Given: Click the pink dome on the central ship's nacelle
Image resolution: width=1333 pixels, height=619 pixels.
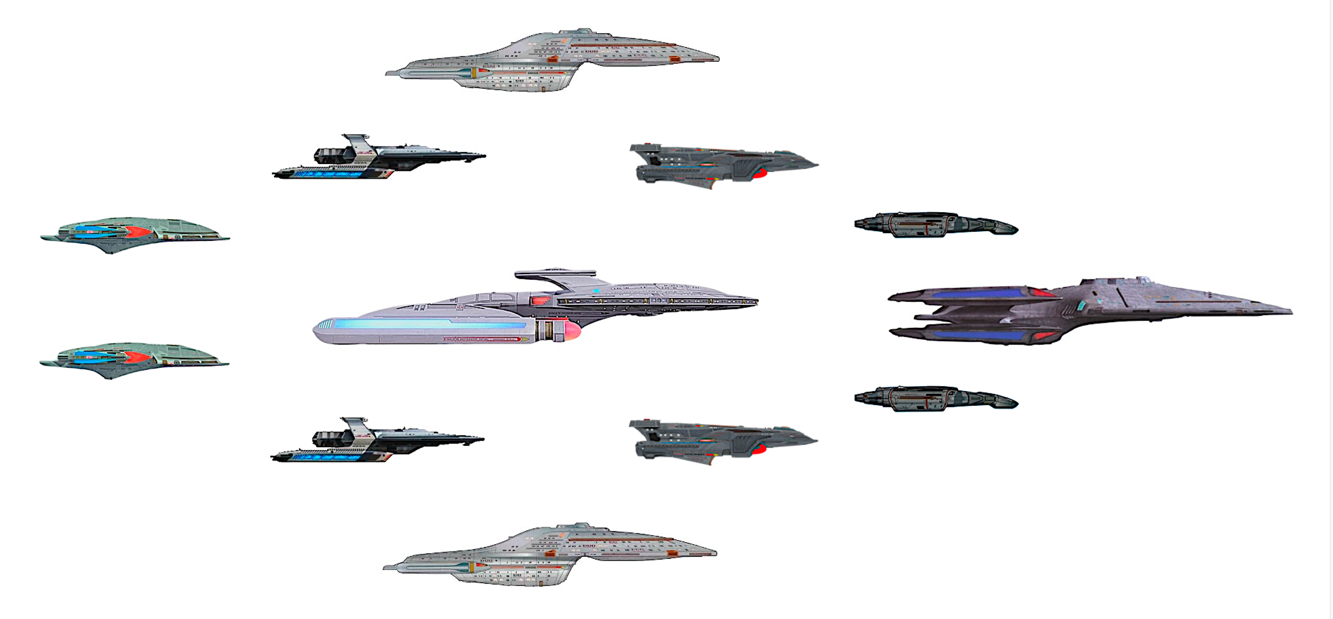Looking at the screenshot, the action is tap(572, 330).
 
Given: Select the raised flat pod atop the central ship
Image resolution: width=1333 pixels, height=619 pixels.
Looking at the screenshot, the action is tap(555, 273).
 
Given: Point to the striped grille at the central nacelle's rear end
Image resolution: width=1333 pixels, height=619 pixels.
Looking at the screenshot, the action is tap(324, 325).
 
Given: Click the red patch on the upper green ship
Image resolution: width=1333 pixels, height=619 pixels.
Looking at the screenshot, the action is tap(137, 232).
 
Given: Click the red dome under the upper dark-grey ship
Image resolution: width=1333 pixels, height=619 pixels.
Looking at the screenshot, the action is tap(758, 174).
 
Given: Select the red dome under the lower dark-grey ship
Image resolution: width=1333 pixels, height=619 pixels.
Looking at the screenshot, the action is tap(758, 449).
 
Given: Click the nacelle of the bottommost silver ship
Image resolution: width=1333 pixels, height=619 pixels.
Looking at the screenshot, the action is tap(434, 567).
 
